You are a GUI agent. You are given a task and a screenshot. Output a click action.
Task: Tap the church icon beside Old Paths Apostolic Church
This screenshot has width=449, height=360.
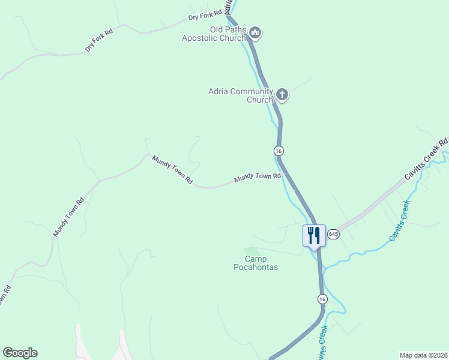(255, 33)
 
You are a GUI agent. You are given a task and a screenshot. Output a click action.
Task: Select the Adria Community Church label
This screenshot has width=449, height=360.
(241, 95)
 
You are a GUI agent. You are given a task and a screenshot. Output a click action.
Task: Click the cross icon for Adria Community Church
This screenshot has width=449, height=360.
(282, 94)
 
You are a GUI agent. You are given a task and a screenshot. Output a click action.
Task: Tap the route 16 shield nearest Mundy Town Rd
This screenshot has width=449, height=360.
(279, 150)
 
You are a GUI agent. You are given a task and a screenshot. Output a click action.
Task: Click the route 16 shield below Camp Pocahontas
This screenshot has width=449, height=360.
(322, 299)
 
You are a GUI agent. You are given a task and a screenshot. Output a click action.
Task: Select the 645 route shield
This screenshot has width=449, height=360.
(334, 233)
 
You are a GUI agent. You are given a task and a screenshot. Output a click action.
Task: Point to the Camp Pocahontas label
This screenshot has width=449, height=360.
(256, 263)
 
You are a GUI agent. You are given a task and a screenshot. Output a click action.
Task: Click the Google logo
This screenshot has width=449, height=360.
(20, 353)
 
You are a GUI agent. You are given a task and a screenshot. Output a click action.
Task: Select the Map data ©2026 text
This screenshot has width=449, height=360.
(423, 355)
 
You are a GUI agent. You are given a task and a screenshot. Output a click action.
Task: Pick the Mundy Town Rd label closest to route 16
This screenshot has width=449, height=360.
(258, 178)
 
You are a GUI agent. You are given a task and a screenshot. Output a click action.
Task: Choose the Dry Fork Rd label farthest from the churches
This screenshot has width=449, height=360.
(98, 40)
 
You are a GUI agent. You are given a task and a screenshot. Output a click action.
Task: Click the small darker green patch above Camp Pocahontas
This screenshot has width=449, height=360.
(251, 250)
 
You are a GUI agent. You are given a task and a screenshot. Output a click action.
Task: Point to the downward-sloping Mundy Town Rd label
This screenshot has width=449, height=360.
(172, 170)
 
